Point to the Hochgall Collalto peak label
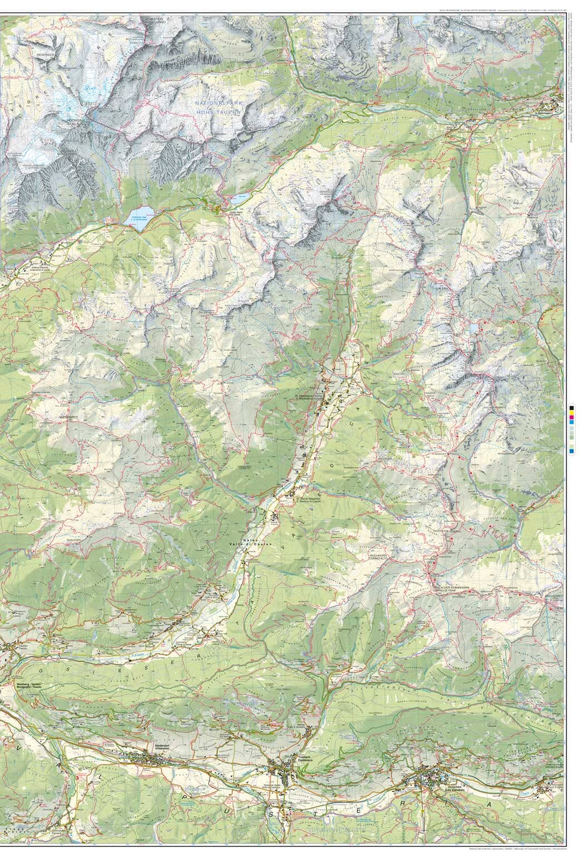click(75, 122)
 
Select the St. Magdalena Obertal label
click(310, 397)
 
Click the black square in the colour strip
click(572, 410)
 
